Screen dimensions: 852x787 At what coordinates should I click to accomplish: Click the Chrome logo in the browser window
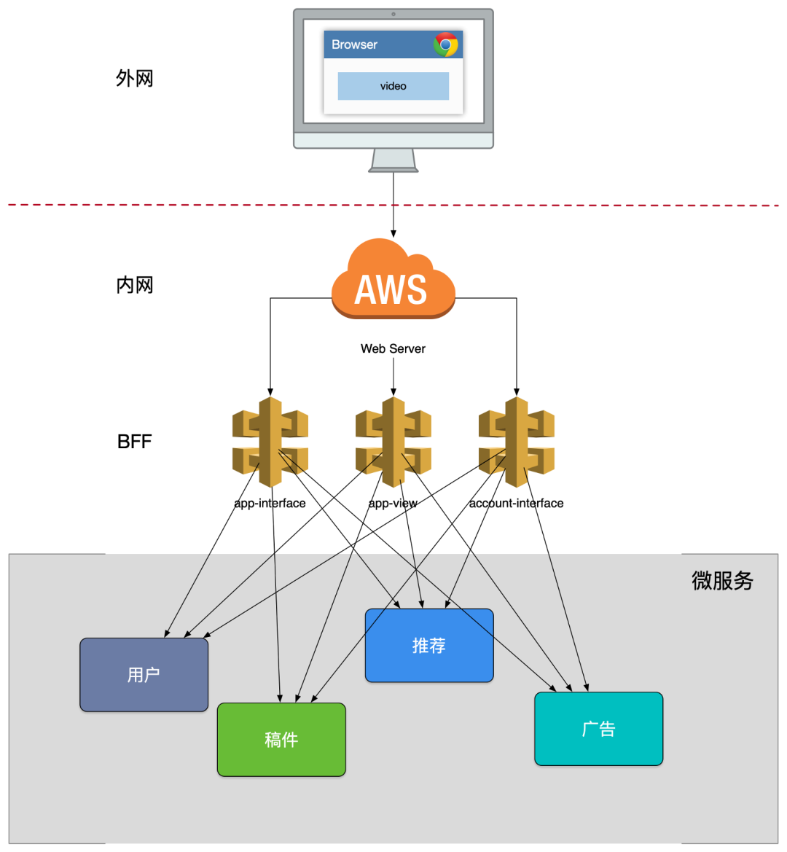(x=446, y=44)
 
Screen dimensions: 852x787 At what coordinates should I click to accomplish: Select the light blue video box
(x=393, y=86)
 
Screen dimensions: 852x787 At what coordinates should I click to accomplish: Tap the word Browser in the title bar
(x=354, y=44)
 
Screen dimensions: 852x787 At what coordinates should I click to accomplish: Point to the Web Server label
(x=393, y=348)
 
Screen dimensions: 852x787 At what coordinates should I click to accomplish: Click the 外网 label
(x=135, y=78)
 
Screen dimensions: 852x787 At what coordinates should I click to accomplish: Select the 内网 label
(x=135, y=285)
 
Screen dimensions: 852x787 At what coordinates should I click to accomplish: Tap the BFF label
(x=134, y=442)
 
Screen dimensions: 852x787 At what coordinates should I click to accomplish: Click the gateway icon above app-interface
(x=270, y=442)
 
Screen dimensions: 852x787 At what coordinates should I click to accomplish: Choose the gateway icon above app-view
(x=393, y=442)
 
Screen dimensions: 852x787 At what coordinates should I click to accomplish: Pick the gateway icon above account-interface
(x=517, y=442)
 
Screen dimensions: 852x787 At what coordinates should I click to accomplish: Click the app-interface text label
(x=270, y=503)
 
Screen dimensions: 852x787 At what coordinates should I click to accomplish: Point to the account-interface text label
(x=516, y=503)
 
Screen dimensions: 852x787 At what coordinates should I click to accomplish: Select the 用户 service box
(x=144, y=675)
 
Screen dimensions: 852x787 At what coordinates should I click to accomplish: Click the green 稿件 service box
(x=281, y=740)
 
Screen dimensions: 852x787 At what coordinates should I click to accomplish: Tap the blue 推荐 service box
(x=429, y=646)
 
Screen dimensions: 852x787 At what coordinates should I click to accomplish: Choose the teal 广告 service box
(x=598, y=729)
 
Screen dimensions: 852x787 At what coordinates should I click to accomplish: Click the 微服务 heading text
(x=722, y=581)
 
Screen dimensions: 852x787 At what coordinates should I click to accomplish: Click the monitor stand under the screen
(x=393, y=160)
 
